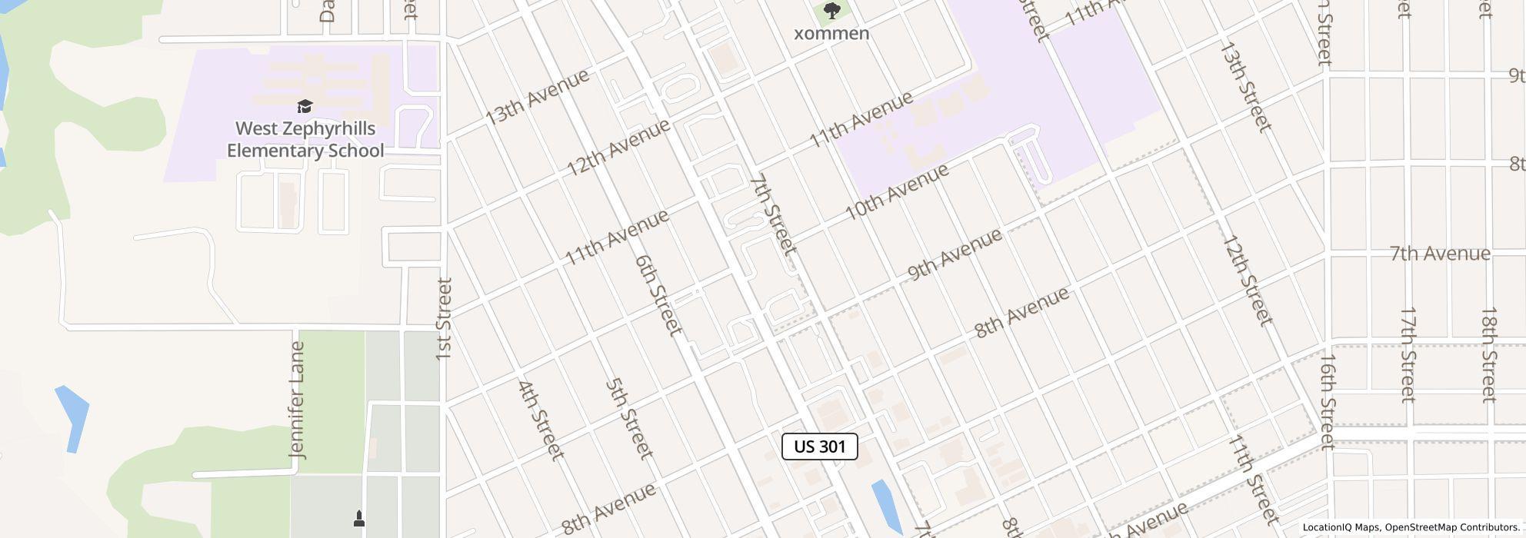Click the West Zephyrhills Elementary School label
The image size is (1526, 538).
coord(305,139)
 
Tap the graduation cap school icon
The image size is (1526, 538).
coord(305,106)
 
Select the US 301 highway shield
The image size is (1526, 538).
coord(819,447)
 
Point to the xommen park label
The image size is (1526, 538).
coord(831,33)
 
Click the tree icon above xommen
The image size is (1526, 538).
coord(831,11)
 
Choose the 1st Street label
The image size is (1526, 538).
coord(444,319)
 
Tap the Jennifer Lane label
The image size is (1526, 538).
coord(298,400)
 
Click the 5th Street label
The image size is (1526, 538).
coord(630,419)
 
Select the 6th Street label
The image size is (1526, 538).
coord(659,295)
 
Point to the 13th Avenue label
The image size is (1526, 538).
coord(538,97)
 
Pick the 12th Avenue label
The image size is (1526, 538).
coord(619,147)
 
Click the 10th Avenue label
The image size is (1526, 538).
coord(897,192)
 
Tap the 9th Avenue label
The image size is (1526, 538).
coord(955,254)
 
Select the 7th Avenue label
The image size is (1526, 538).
coord(1440,253)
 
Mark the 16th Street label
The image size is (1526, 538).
coord(1328,400)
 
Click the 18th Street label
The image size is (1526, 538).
coord(1489,354)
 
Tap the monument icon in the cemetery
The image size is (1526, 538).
coord(358,519)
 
